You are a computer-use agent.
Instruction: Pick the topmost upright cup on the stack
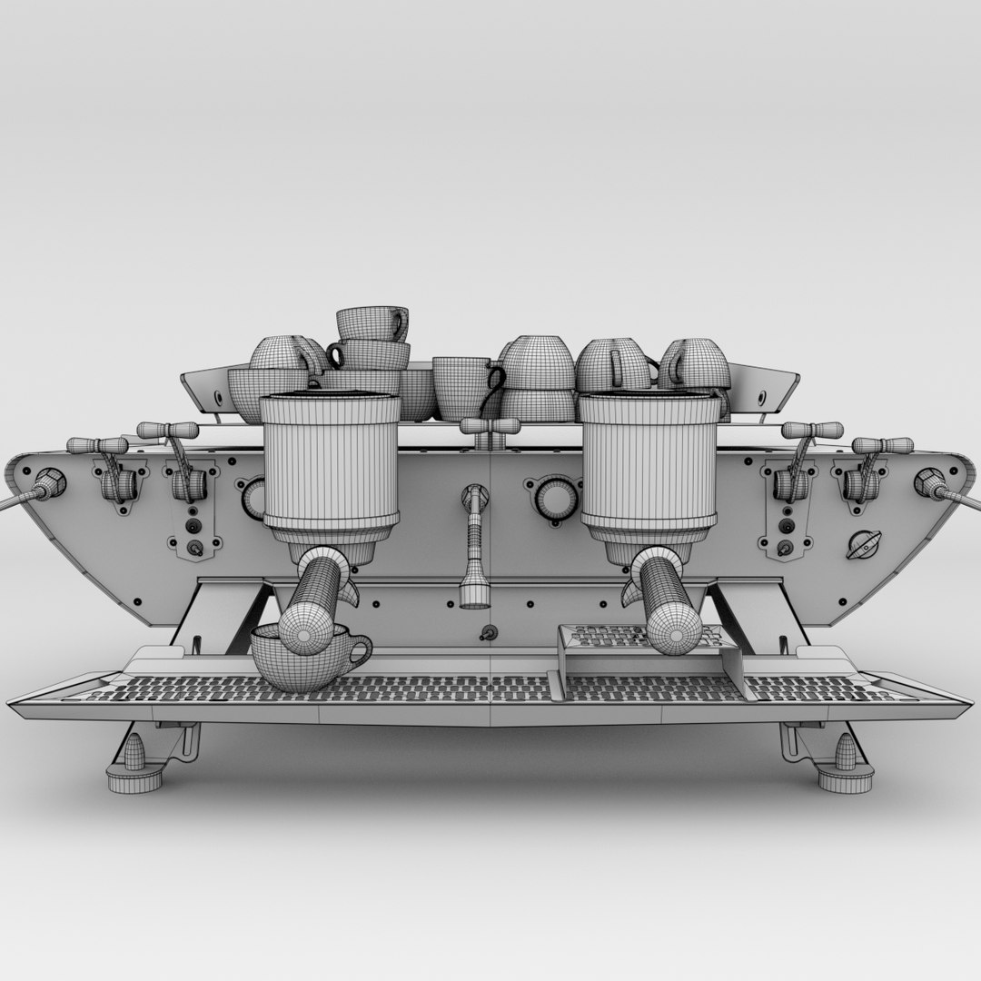coord(372,323)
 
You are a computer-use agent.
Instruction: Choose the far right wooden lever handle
coord(882,445)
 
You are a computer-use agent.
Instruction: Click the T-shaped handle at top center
coord(490,426)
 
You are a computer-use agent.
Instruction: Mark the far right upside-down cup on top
coord(695,364)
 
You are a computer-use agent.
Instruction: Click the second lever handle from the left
coord(168,430)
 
